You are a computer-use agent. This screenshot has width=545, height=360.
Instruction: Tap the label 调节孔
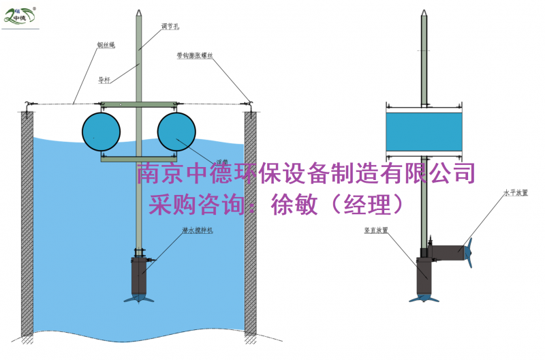[170, 27]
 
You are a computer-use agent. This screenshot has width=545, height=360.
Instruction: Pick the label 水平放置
[516, 194]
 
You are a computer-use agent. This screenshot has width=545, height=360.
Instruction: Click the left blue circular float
[101, 132]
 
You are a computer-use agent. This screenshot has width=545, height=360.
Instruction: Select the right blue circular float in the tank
[177, 132]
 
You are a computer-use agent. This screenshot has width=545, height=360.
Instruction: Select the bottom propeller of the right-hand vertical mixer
[423, 297]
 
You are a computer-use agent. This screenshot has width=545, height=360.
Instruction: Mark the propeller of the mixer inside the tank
[142, 298]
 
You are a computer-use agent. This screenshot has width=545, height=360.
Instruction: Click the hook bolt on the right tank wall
[250, 104]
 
